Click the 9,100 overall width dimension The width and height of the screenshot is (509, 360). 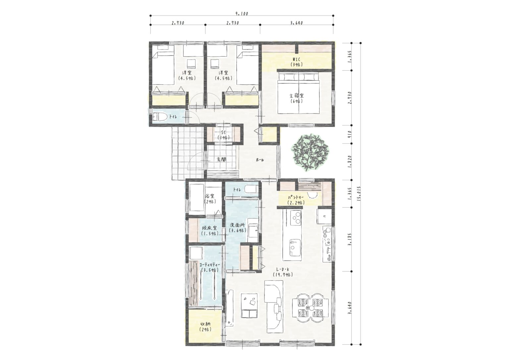pos(242,14)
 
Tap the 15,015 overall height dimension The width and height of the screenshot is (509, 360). pos(359,195)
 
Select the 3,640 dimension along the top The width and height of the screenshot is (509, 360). pos(297,23)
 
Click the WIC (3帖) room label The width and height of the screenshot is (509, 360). pos(297,62)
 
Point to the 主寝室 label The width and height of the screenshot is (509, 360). pos(297,96)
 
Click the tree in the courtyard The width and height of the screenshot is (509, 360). pos(310,152)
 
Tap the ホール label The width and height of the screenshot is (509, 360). pos(260,160)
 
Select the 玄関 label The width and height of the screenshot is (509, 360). pos(221,159)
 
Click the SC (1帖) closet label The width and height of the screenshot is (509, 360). pos(224,135)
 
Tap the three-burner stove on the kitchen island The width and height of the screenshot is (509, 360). pos(296,218)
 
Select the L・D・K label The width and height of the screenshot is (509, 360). pos(283,269)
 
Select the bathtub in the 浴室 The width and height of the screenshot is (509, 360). pos(197,198)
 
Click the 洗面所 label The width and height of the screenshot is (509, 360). pos(238,225)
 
